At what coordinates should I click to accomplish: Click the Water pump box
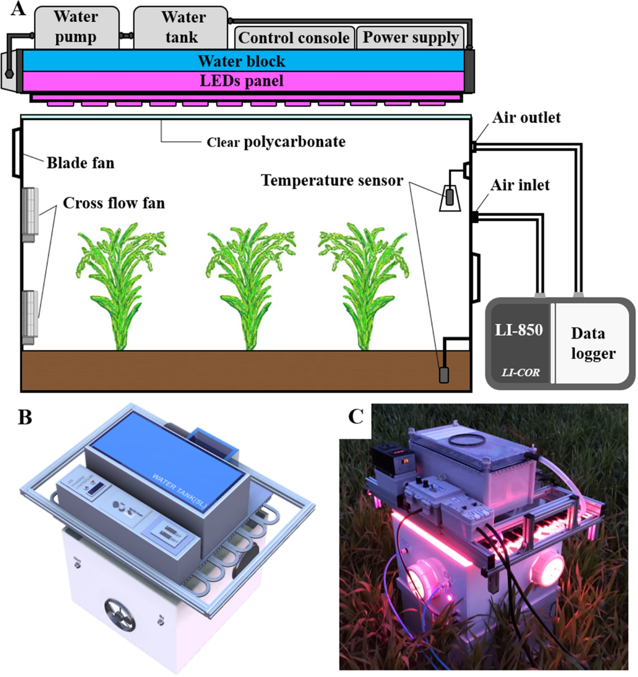(77, 28)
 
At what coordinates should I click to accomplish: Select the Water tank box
(181, 28)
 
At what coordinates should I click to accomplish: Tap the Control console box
(294, 38)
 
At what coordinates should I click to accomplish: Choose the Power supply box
(410, 38)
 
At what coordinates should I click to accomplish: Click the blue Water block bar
(242, 61)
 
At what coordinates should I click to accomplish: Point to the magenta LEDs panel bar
(242, 81)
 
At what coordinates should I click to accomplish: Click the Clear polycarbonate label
(276, 142)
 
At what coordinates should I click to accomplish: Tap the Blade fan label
(80, 163)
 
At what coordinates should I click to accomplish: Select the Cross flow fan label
(114, 203)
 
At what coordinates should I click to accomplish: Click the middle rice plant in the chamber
(249, 287)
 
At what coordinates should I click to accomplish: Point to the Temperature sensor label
(332, 181)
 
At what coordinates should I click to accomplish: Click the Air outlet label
(526, 117)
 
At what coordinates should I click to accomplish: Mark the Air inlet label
(520, 185)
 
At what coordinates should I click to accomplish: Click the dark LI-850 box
(519, 343)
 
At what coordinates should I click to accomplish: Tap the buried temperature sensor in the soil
(443, 375)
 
